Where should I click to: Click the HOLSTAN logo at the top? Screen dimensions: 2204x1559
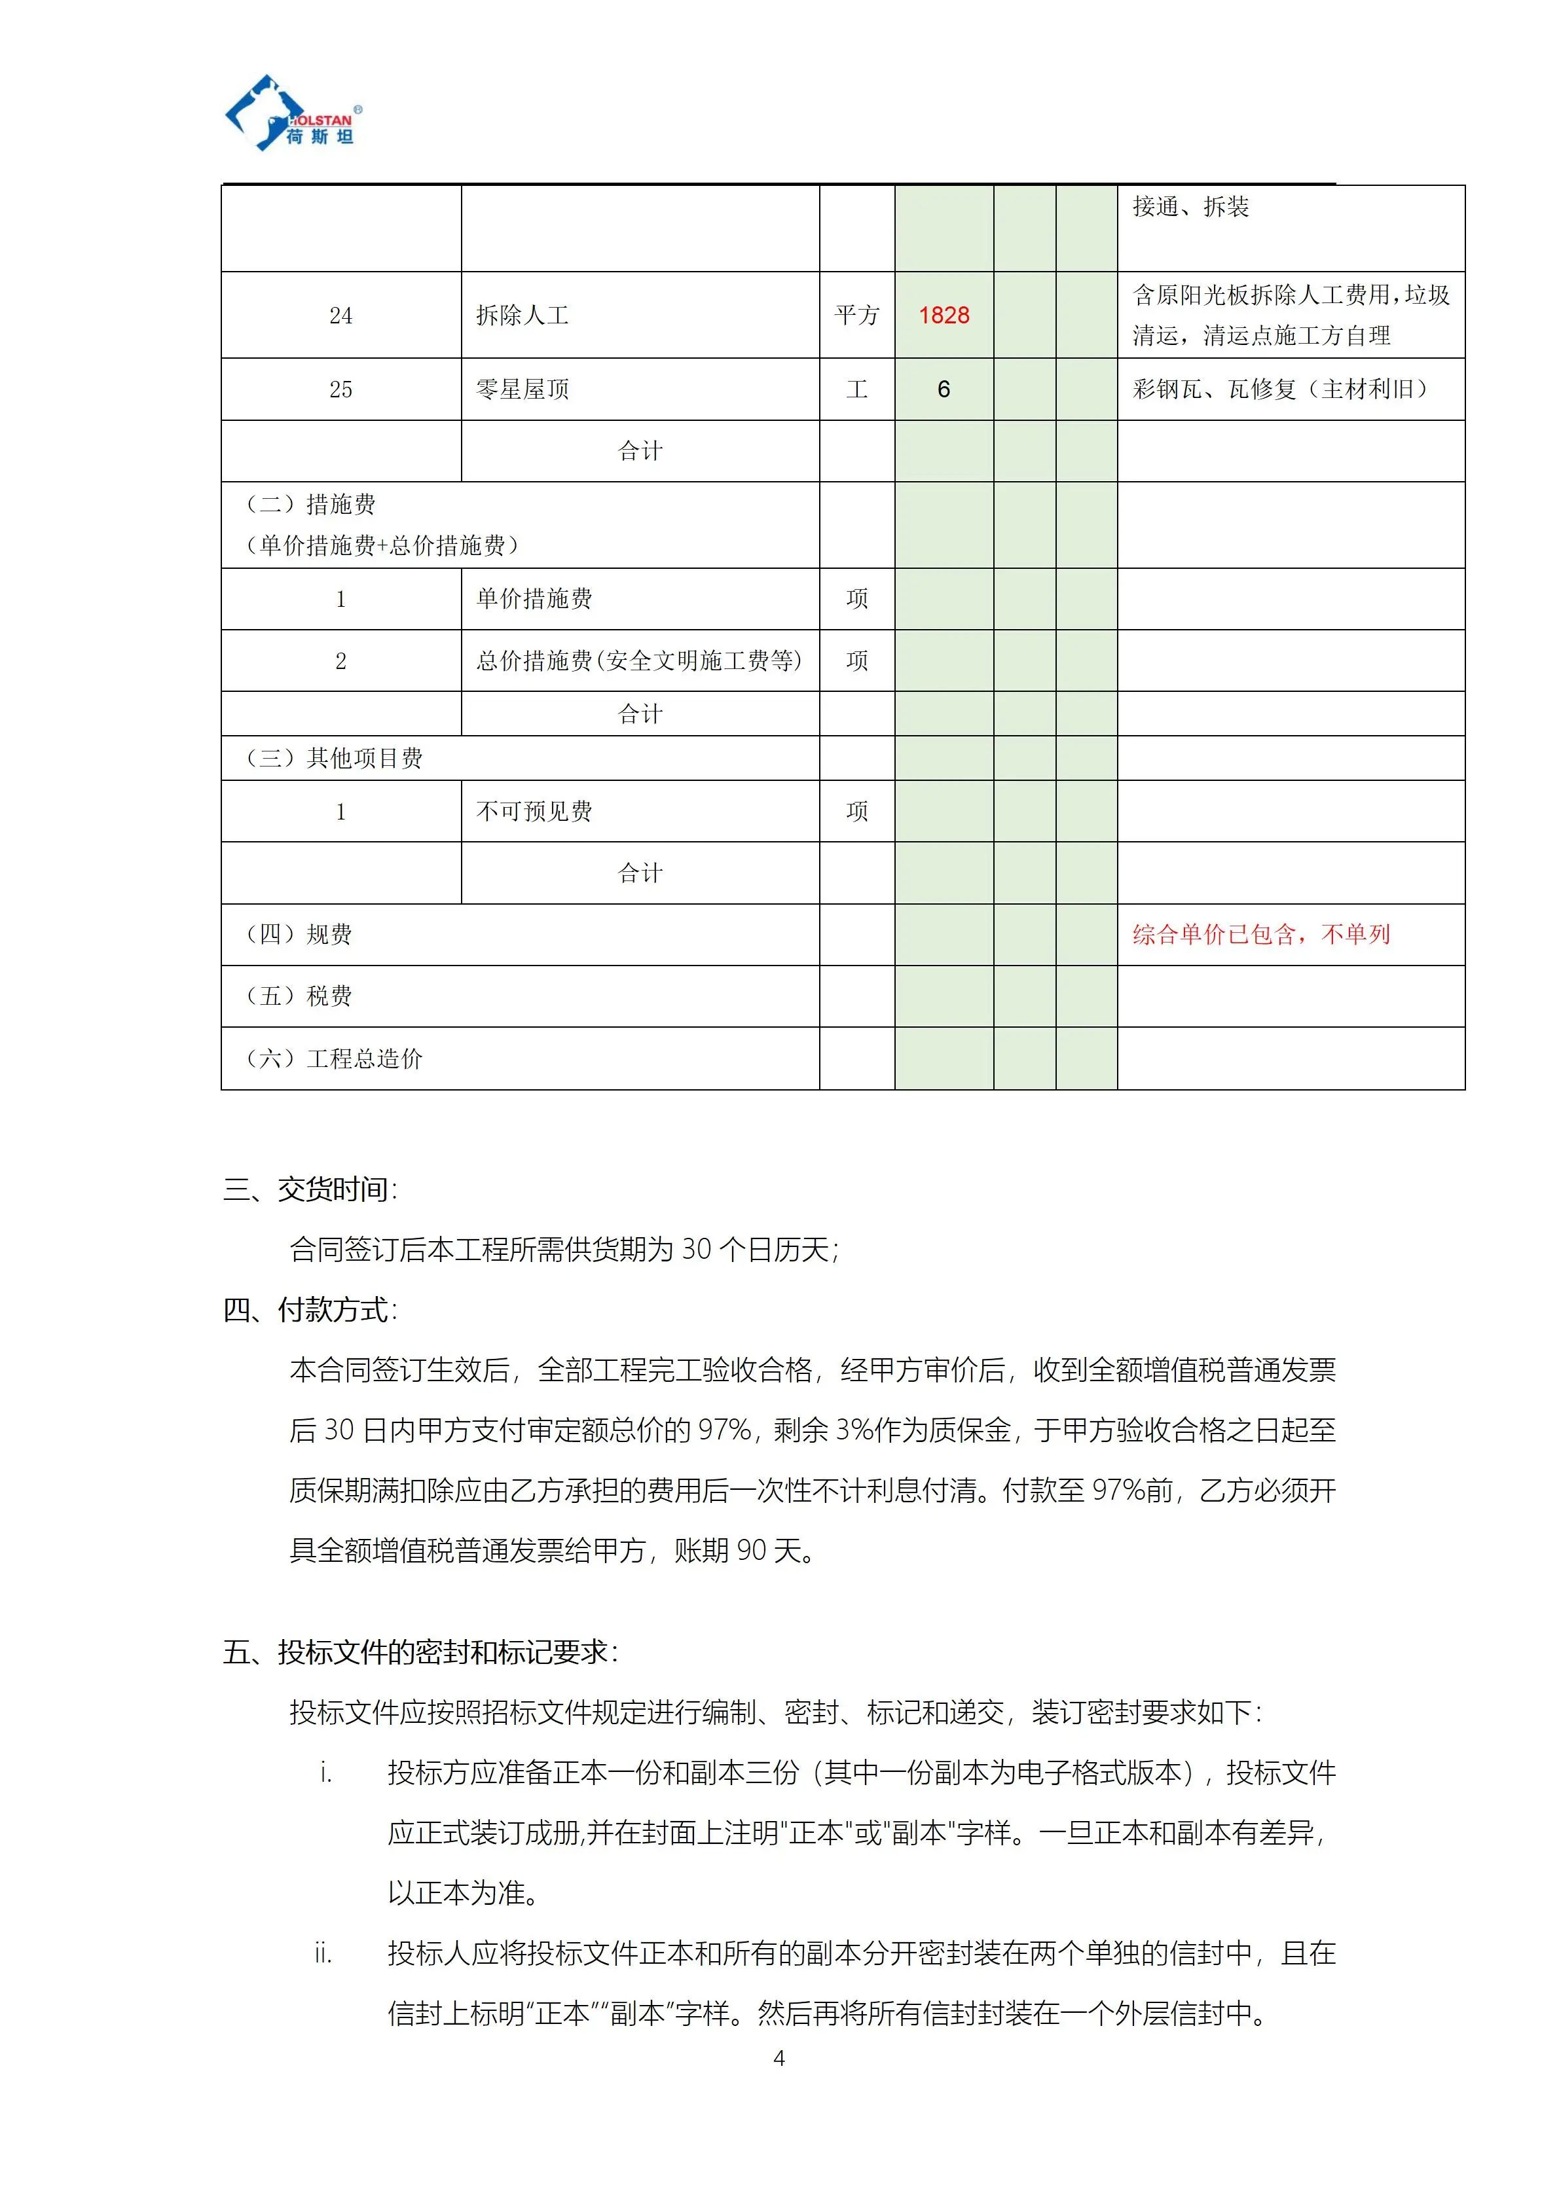click(293, 115)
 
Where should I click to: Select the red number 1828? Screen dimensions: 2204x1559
click(943, 315)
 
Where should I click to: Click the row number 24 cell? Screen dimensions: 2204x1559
click(340, 316)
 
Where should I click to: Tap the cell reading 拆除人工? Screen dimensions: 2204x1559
click(523, 316)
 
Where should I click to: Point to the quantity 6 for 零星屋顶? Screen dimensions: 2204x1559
click(943, 389)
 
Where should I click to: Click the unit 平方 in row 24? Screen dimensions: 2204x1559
click(856, 316)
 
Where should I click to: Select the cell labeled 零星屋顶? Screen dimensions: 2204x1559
click(523, 389)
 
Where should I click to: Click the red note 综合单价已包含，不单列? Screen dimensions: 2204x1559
click(1260, 934)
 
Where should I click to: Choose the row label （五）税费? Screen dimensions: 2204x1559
click(299, 996)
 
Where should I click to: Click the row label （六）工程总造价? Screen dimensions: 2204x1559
click(333, 1059)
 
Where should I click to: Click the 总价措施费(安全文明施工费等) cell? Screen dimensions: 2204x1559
click(638, 661)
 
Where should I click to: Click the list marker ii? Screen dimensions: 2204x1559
click(323, 1953)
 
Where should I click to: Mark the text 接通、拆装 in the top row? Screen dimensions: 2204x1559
click(1190, 208)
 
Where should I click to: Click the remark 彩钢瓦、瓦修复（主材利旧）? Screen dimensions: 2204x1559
click(1279, 389)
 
